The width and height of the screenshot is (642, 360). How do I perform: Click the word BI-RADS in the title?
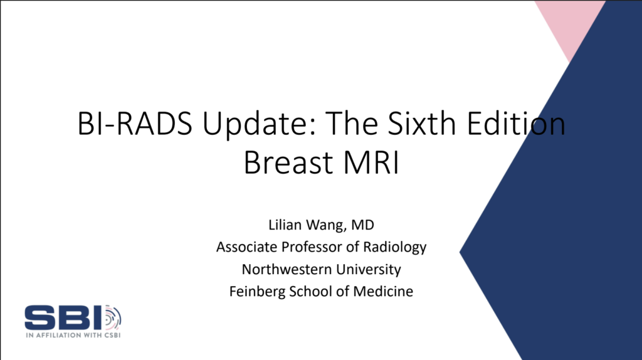(135, 124)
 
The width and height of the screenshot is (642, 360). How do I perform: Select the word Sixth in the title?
(422, 124)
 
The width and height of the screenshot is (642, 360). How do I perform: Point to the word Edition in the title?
(516, 124)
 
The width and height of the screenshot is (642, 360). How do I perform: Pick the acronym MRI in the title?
(371, 162)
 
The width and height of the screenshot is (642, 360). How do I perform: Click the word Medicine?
(383, 291)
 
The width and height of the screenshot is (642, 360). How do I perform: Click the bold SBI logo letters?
(63, 317)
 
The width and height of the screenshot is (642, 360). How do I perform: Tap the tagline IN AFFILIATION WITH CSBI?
(73, 335)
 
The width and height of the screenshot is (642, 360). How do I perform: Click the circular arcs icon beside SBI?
(113, 317)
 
